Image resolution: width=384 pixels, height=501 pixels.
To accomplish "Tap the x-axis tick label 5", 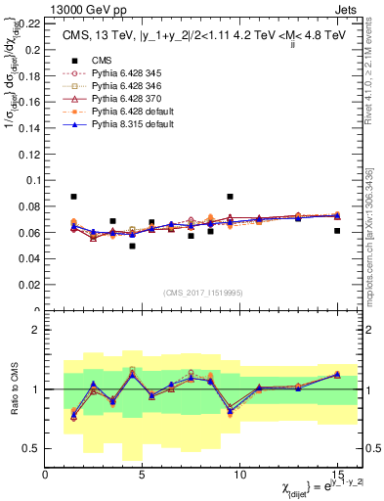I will tap(143, 476).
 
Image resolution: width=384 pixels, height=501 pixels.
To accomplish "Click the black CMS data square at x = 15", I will tap(337, 231).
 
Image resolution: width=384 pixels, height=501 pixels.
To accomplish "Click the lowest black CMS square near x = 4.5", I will tap(132, 246).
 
